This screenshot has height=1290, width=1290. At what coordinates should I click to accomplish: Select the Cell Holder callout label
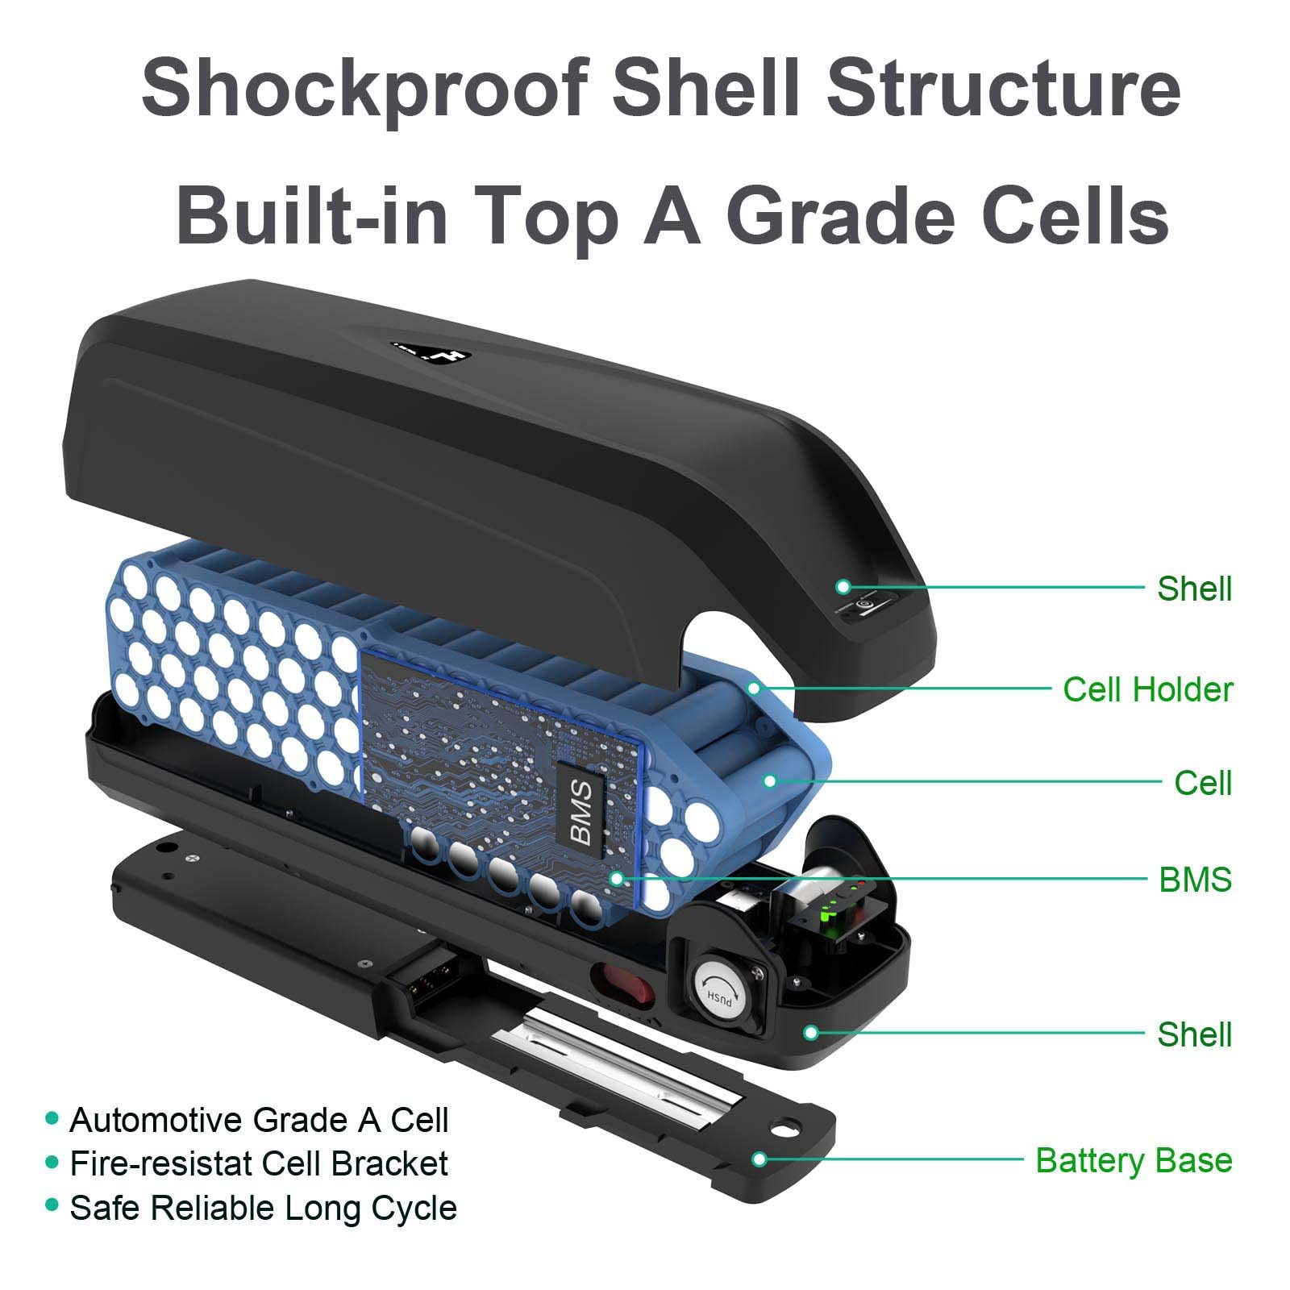1147,689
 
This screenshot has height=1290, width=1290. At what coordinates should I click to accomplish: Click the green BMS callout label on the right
1195,879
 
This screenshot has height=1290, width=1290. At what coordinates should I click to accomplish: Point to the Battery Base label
1133,1160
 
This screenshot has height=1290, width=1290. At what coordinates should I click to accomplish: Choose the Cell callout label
1202,783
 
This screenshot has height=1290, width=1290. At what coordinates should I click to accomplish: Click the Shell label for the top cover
1194,589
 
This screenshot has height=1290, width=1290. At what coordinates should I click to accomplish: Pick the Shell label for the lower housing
1194,1034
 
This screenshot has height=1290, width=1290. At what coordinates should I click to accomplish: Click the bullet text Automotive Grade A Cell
258,1120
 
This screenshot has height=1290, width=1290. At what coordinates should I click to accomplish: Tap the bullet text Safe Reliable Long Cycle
263,1208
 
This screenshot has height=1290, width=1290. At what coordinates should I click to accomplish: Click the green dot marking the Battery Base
759,1159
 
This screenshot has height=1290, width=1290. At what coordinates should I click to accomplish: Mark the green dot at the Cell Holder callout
754,688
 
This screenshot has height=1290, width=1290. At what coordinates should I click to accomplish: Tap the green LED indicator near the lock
827,913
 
